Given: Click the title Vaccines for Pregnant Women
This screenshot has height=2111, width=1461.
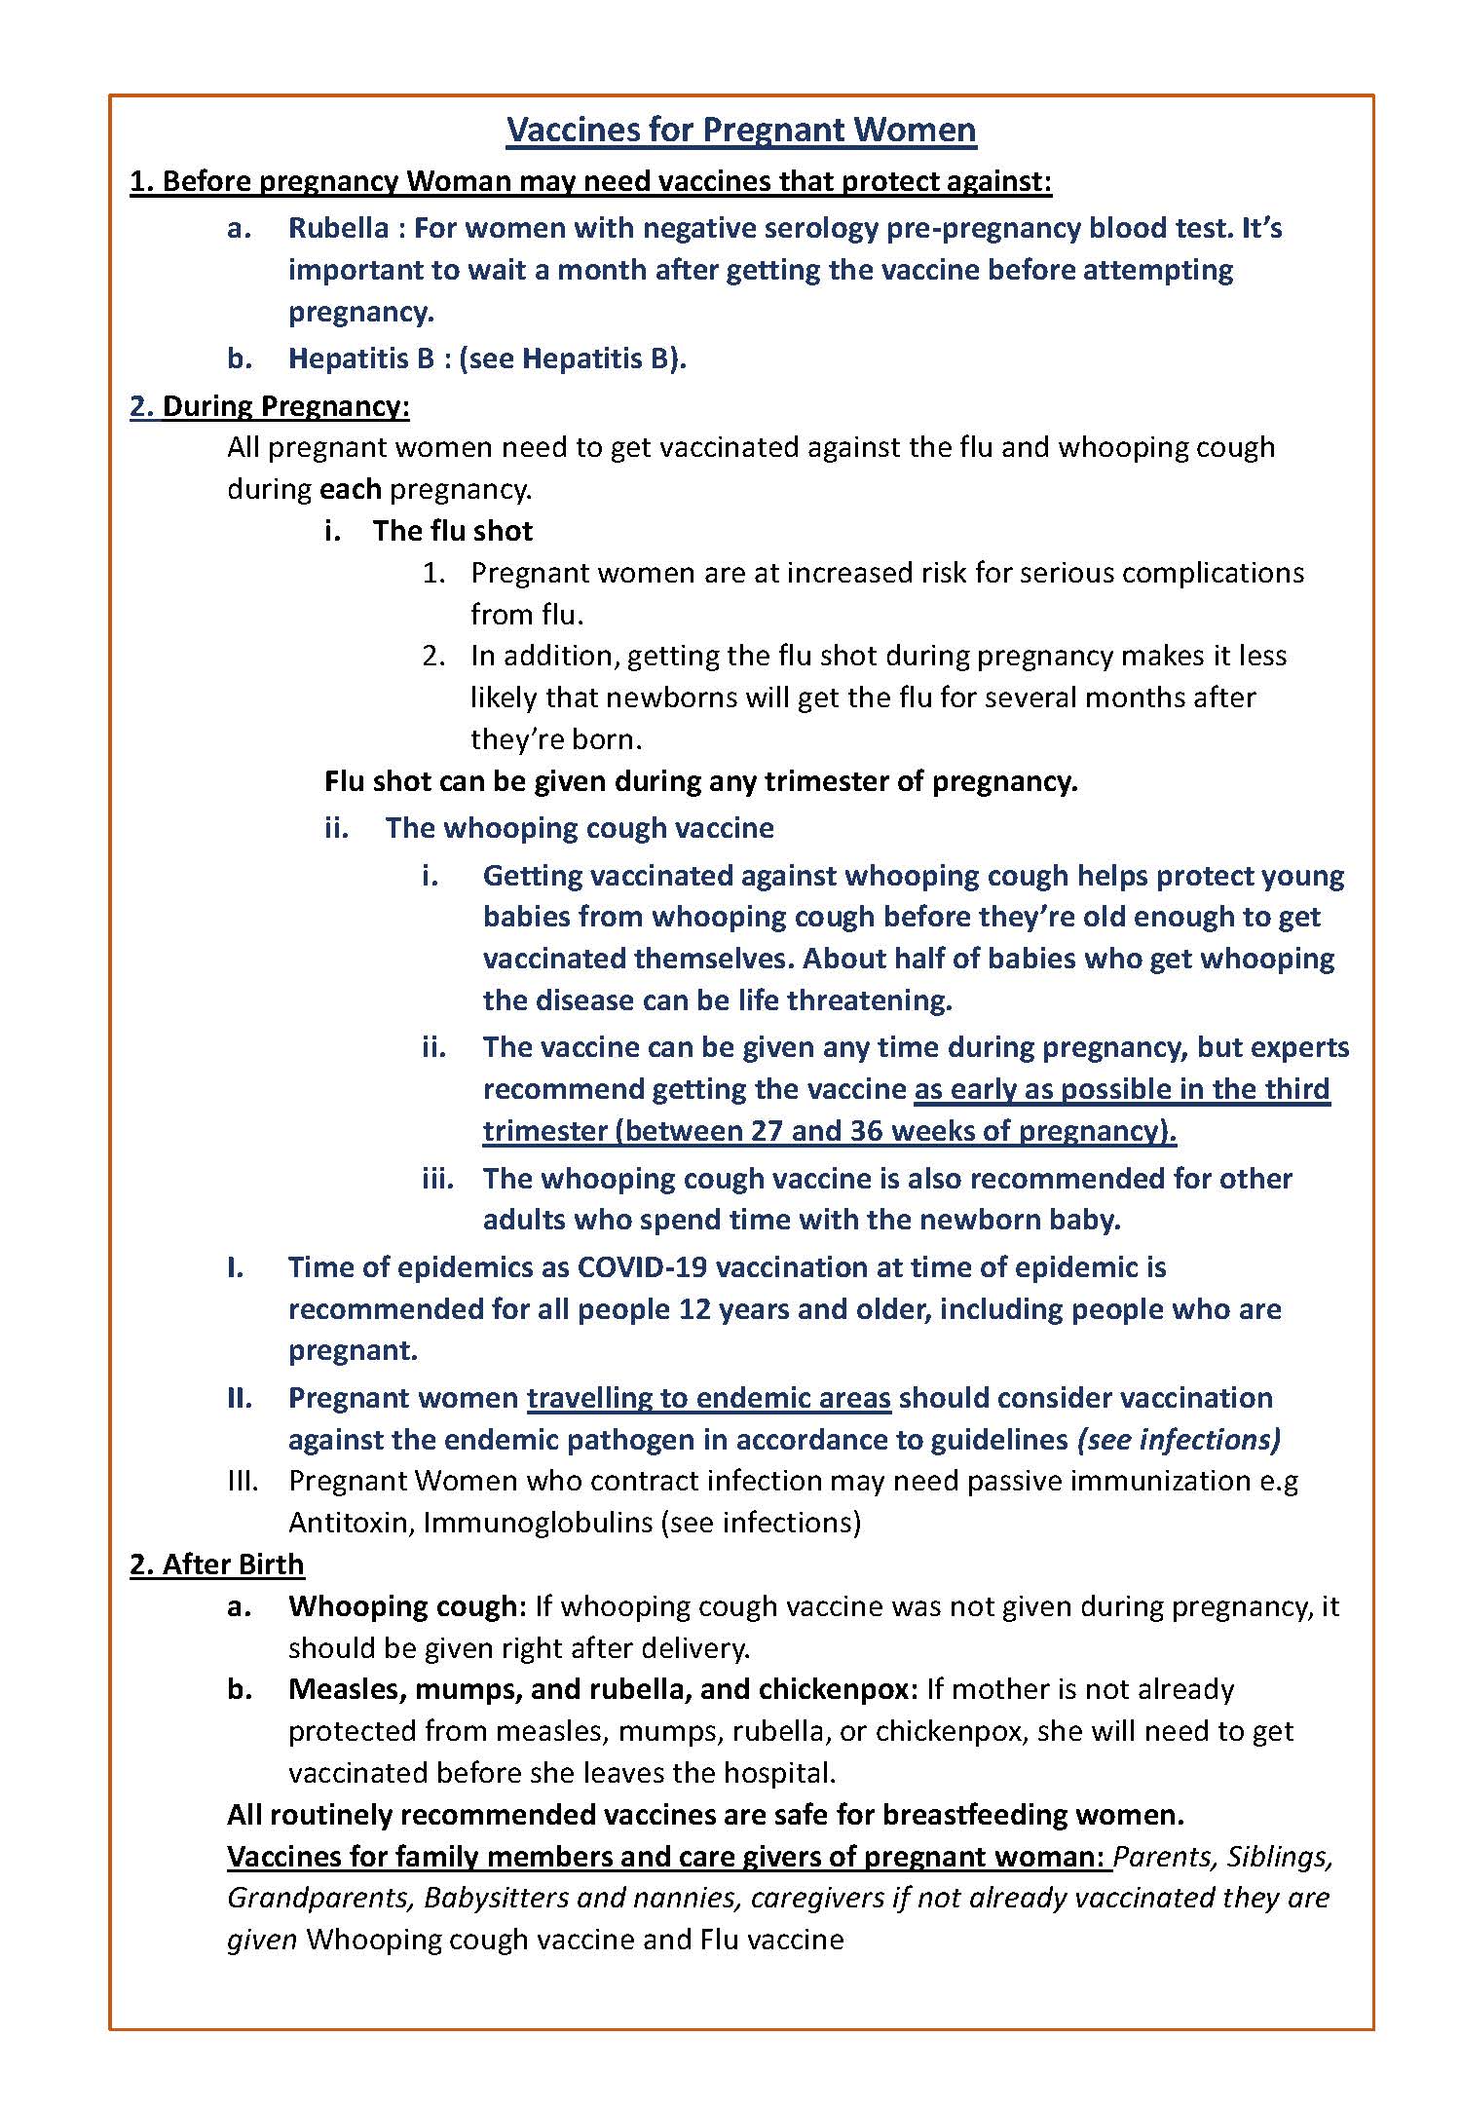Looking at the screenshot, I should (x=740, y=130).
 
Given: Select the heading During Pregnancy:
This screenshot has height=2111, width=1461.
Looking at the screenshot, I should (x=270, y=406).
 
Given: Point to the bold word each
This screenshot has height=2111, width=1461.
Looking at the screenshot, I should (x=350, y=489).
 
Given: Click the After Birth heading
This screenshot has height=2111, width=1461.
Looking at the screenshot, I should (x=217, y=1564).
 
